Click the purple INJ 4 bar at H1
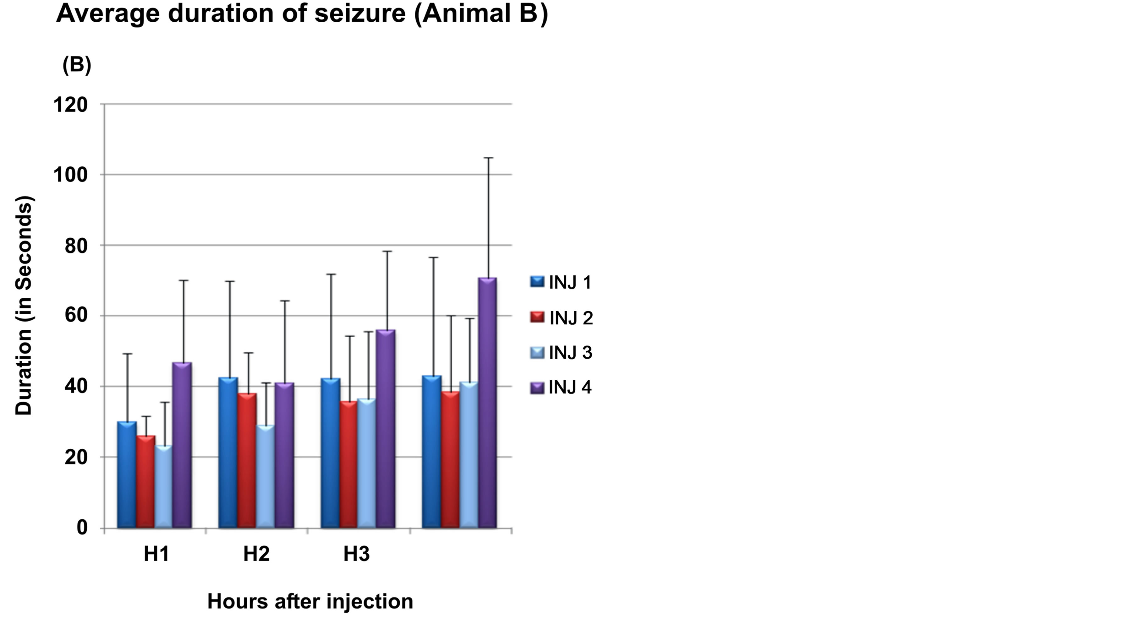click(x=182, y=445)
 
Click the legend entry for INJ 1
click(x=561, y=282)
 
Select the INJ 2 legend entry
click(x=561, y=318)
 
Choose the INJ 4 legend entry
click(x=561, y=388)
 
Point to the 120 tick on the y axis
click(x=70, y=105)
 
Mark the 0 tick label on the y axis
click(x=82, y=527)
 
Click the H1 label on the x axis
click(x=156, y=554)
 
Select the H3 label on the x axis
click(x=356, y=554)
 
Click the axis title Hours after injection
click(x=310, y=601)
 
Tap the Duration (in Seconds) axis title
click(x=24, y=306)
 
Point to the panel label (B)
click(x=77, y=65)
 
